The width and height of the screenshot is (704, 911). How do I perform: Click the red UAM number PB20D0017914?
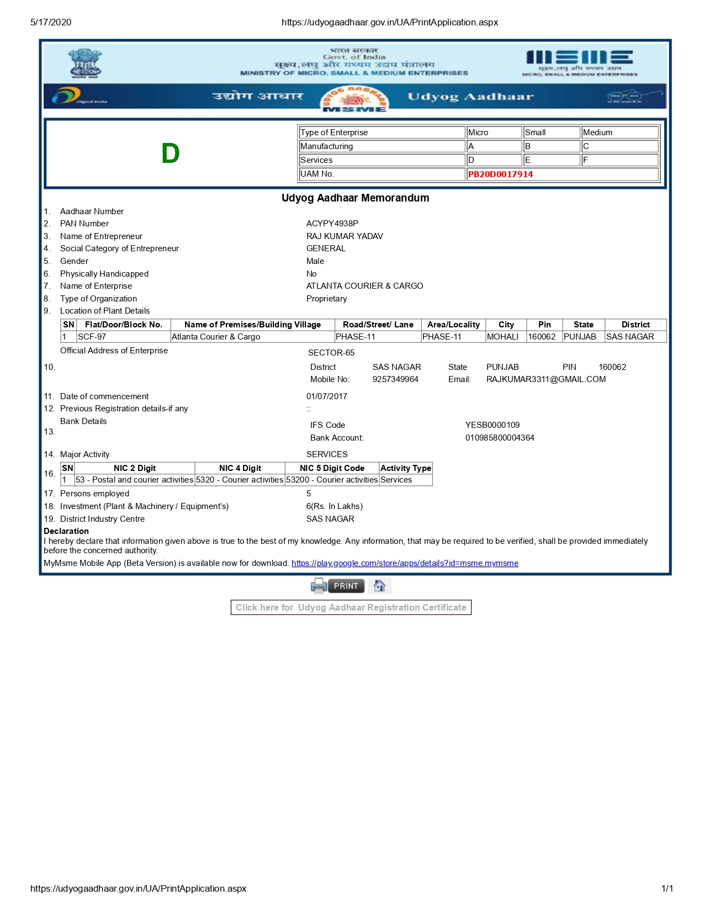500,174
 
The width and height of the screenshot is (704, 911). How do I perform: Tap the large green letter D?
171,153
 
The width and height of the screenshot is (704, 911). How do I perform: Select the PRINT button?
346,586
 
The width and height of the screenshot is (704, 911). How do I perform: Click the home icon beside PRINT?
379,586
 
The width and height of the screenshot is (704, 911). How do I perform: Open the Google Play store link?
405,563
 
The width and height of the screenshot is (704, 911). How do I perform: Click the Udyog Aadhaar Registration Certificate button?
351,607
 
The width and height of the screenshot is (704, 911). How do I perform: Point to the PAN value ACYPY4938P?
332,224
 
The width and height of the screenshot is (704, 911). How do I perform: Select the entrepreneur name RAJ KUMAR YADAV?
345,236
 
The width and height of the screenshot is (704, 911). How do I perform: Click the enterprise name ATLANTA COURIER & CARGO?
364,286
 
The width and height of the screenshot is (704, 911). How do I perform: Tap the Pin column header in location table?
544,325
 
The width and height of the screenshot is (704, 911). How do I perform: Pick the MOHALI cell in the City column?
502,337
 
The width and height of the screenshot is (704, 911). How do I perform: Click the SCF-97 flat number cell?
92,337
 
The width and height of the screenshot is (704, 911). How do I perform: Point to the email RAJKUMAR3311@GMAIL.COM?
546,379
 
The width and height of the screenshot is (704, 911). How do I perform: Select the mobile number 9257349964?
395,379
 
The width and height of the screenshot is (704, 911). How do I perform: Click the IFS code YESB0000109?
493,425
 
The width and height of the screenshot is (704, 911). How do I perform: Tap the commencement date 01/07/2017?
327,396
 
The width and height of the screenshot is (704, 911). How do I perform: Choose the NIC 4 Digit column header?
240,468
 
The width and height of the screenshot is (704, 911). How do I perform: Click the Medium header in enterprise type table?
597,133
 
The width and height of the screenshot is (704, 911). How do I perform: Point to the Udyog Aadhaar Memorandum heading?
355,198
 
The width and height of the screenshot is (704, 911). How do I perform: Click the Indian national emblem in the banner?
85,63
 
